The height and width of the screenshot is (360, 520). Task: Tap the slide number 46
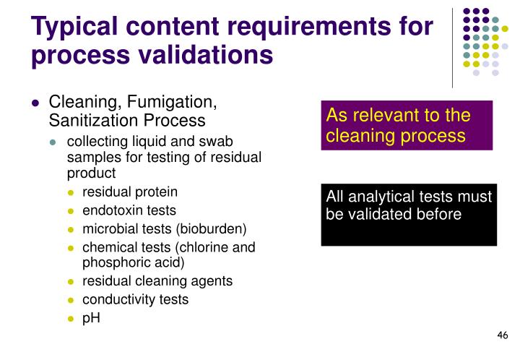tap(503, 335)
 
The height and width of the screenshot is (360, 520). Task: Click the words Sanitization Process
tap(126, 119)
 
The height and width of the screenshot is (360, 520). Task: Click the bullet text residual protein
tap(129, 192)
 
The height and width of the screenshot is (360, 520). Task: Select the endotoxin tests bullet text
tap(129, 210)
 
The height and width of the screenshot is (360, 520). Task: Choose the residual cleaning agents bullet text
tap(157, 280)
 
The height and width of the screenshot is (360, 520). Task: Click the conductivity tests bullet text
tap(134, 299)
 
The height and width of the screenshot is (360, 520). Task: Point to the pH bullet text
tap(91, 317)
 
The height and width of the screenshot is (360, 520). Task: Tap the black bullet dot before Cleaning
tap(35, 103)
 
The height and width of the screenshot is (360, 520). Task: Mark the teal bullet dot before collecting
tap(53, 142)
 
